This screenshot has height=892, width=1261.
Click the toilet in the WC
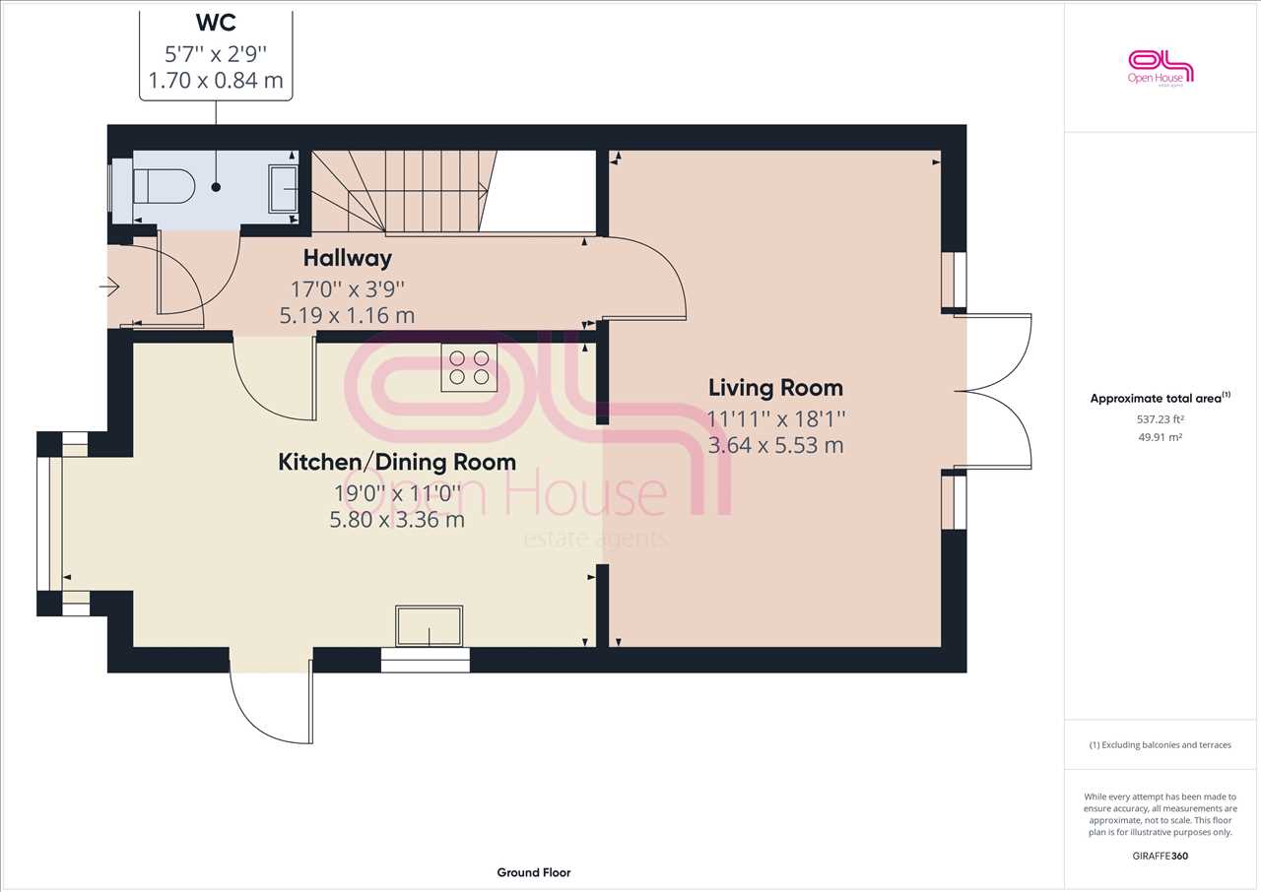tap(164, 186)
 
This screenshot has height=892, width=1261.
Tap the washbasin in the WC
tap(283, 188)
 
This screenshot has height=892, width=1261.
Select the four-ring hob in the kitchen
tap(469, 367)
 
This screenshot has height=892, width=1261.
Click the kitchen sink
tap(429, 625)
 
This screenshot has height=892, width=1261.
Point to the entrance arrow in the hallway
tap(109, 287)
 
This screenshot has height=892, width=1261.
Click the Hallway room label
tap(348, 258)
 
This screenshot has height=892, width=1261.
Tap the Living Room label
tap(775, 388)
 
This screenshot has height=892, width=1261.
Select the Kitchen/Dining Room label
tap(397, 463)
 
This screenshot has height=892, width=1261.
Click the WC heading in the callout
tap(216, 23)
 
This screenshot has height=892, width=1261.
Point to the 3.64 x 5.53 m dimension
tap(775, 445)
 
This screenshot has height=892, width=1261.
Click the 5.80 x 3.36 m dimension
tap(397, 519)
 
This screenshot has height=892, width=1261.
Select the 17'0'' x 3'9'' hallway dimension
tap(348, 289)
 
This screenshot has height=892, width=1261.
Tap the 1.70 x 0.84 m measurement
tap(216, 81)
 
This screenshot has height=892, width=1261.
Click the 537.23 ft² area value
tap(1160, 419)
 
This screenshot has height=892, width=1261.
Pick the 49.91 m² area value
tap(1160, 437)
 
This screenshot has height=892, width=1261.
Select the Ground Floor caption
tap(534, 872)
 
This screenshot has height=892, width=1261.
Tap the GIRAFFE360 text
tap(1160, 856)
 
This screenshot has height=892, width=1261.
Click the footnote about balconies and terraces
tap(1160, 744)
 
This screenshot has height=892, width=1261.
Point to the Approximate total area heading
tap(1160, 398)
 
